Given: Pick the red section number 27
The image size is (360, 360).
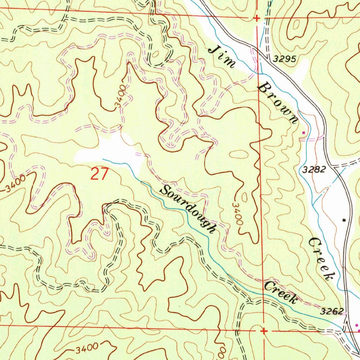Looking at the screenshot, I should point(99,174).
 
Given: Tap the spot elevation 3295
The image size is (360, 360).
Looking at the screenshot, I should point(286,59).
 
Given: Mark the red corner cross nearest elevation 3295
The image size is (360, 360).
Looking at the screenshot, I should point(257,18).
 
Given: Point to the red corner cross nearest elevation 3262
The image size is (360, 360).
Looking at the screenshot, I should point(264,331).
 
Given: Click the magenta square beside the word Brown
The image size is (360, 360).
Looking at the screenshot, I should point(304,133).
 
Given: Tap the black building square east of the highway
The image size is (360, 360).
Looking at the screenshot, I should point(344,220).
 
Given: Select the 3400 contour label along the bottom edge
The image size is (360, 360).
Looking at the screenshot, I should point(86,348).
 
